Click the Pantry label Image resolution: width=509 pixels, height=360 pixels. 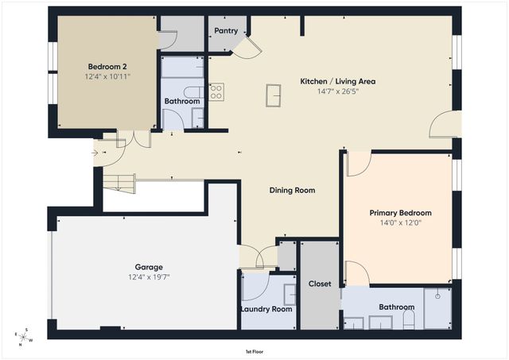pos(225,31)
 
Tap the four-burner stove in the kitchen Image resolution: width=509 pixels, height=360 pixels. pos(216,91)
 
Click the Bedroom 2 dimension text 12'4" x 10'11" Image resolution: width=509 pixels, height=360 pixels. pos(108,77)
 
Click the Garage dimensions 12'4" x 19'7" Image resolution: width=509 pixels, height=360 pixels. pos(149,277)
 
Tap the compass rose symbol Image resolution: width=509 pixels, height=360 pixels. pos(25,338)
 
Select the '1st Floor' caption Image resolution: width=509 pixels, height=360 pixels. pos(254,350)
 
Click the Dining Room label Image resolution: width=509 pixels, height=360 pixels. pos(292,190)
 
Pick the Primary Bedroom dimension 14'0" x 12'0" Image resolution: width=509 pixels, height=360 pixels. pos(400,224)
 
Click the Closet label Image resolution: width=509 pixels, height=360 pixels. pos(320,284)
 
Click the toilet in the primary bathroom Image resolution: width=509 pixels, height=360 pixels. pos(408,319)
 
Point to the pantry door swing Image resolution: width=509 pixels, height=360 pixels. pos(249,47)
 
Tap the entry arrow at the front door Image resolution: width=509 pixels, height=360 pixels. pos(96,153)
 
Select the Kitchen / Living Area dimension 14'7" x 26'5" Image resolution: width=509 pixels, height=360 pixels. pos(337,92)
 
